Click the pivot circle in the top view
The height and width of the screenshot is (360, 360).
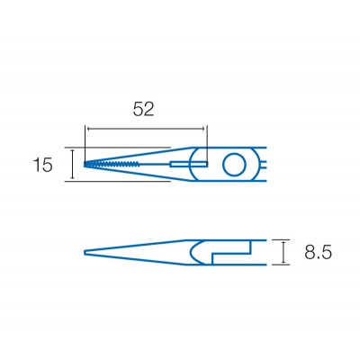pos(233,165)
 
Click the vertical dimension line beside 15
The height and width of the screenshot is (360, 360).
pos(70,165)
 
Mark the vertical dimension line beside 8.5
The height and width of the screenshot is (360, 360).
pos(284,253)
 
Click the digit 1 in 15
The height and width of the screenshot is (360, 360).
pos(35,165)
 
